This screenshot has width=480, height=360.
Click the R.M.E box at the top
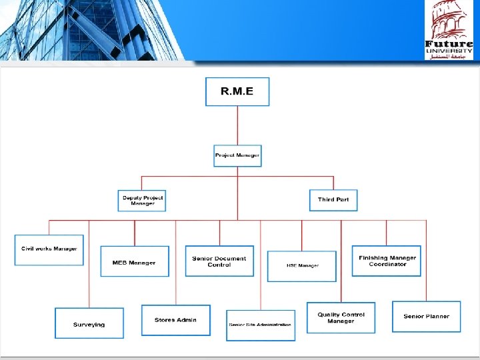(x=237, y=91)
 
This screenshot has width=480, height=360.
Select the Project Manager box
(x=237, y=156)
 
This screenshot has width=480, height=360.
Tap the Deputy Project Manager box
(x=142, y=201)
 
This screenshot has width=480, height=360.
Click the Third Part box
(x=333, y=200)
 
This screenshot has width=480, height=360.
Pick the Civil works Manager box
(x=49, y=250)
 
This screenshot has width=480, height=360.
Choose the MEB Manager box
(x=134, y=261)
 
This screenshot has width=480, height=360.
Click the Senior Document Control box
(x=219, y=261)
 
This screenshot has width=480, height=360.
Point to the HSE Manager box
(x=302, y=266)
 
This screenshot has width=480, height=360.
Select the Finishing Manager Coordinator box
(x=387, y=261)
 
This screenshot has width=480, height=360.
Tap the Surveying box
(x=89, y=323)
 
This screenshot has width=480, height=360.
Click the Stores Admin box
(x=175, y=320)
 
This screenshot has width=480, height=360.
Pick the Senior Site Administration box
(x=260, y=325)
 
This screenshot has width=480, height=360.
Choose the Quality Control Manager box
(x=341, y=318)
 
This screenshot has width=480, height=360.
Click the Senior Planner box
(x=426, y=317)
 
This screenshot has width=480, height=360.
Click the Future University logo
(x=449, y=30)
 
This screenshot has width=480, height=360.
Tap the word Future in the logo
(x=449, y=45)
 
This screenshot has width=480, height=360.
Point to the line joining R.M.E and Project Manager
(x=237, y=125)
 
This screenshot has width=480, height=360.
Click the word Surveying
(x=89, y=325)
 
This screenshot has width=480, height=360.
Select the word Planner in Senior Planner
(x=437, y=317)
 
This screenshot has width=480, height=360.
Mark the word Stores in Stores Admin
(x=165, y=320)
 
